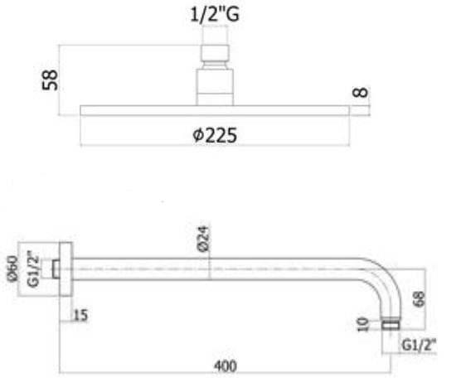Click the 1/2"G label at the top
[215, 14]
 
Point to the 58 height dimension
[50, 80]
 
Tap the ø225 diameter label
[215, 135]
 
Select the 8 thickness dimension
[360, 92]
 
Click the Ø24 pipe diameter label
[203, 239]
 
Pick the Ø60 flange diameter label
[12, 269]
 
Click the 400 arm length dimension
[226, 365]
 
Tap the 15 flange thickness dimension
[81, 315]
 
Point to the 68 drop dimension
[419, 299]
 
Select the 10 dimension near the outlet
[363, 324]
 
